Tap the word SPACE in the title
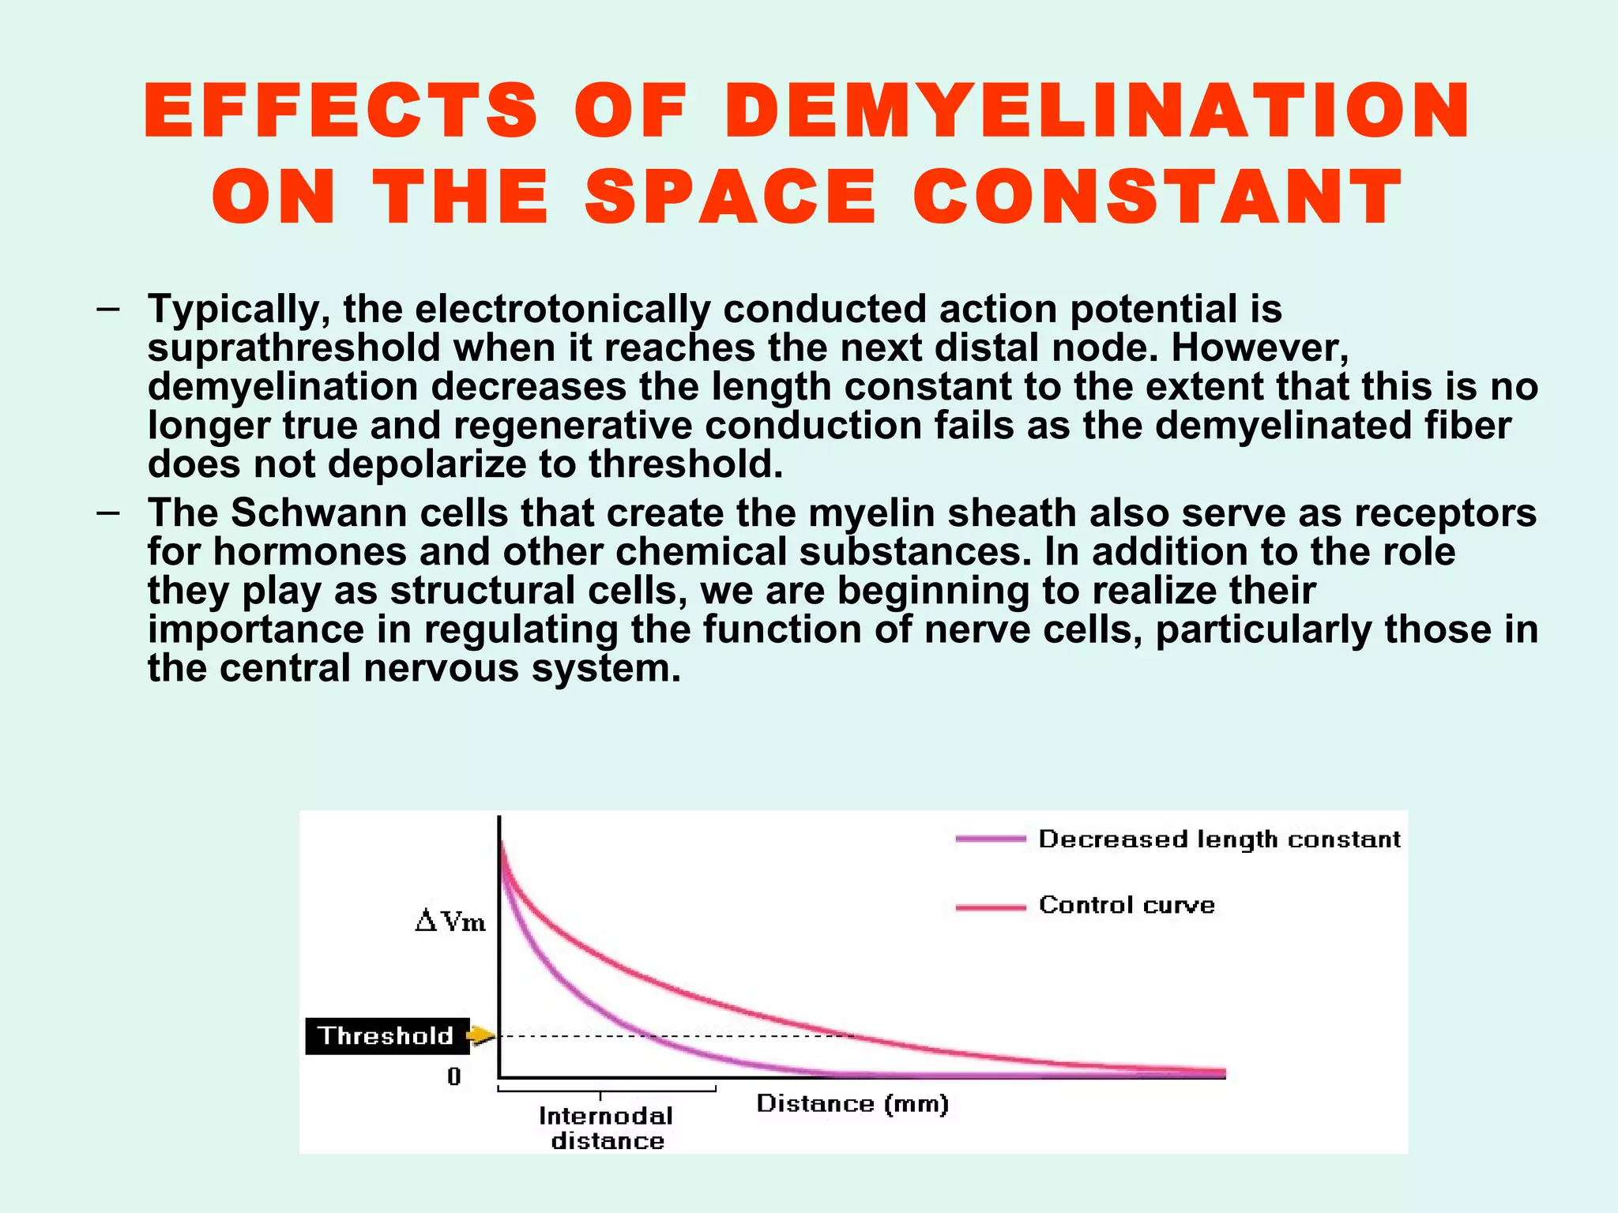pos(731,197)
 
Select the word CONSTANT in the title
pos(1157,197)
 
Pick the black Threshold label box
pos(387,1035)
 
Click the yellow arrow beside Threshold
pos(480,1035)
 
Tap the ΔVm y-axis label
pos(450,922)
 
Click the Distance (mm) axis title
pos(852,1103)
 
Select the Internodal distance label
pos(607,1128)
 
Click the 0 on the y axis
pos(453,1076)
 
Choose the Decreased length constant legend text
pos(1219,839)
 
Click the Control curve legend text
pos(1127,905)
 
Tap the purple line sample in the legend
pos(990,839)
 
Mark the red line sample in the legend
pos(990,907)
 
